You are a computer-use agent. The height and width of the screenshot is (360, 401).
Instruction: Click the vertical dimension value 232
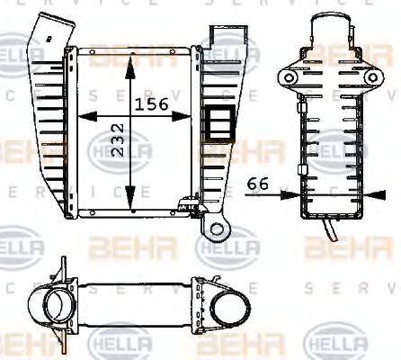(119, 140)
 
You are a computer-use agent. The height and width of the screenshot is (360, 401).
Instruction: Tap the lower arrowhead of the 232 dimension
(131, 202)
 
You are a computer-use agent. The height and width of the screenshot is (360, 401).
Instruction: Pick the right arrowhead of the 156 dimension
(192, 117)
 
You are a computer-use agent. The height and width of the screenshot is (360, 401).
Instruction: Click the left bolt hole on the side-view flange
(289, 78)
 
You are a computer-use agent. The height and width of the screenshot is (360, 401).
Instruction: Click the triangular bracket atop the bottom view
(64, 269)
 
